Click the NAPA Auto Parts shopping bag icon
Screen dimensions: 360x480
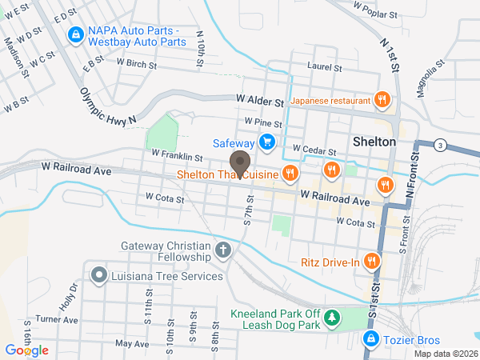(x=76, y=34)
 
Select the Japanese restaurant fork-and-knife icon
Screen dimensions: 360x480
(x=383, y=101)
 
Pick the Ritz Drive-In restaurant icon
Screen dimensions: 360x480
(x=371, y=262)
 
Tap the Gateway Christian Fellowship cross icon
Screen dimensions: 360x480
(x=223, y=252)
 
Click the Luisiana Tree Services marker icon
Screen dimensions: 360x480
(x=99, y=276)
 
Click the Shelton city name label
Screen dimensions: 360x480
(x=374, y=141)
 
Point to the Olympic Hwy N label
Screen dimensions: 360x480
(x=109, y=103)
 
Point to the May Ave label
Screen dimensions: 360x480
(x=132, y=343)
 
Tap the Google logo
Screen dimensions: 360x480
(x=26, y=350)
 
